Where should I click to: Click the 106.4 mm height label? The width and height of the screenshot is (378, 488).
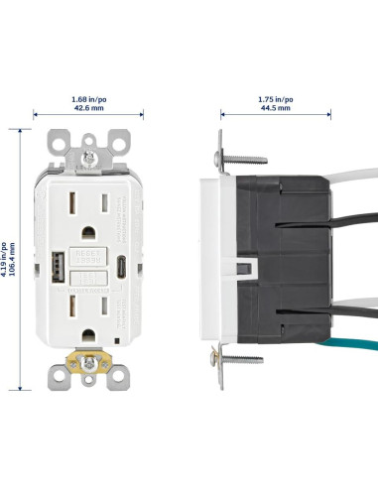(x=13, y=261)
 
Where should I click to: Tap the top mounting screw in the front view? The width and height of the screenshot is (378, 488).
(x=90, y=156)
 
